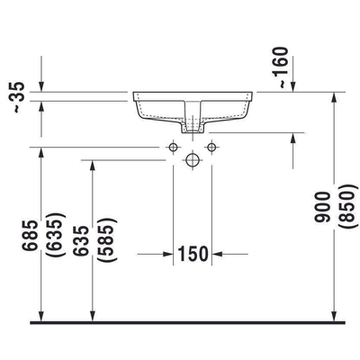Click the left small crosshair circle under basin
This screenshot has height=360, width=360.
click(x=173, y=146)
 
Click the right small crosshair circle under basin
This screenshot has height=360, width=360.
click(x=211, y=146)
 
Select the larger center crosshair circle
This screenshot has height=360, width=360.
click(x=192, y=160)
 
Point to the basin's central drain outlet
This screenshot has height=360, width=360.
click(x=192, y=128)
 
